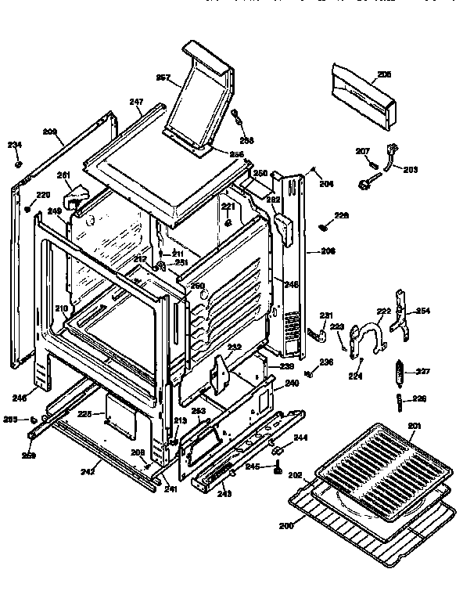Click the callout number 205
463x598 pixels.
pos(383,75)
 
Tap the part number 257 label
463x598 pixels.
pos(163,77)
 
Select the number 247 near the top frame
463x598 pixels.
pos(136,102)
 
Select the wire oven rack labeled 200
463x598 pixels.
pos(368,523)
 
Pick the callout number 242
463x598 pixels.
pos(89,472)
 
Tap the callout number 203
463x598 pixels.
pos(410,170)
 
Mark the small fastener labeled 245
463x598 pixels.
pos(278,472)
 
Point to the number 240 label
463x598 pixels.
pos(291,383)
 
